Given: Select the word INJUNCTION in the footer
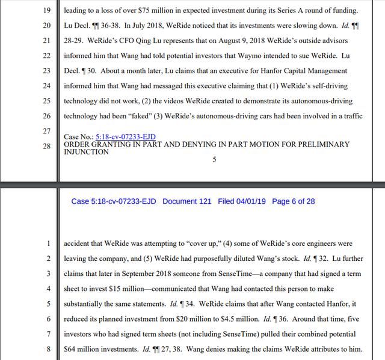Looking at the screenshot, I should tap(87, 152).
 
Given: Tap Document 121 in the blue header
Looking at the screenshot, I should tap(186, 201).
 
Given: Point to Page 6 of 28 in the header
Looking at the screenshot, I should tap(294, 201).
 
